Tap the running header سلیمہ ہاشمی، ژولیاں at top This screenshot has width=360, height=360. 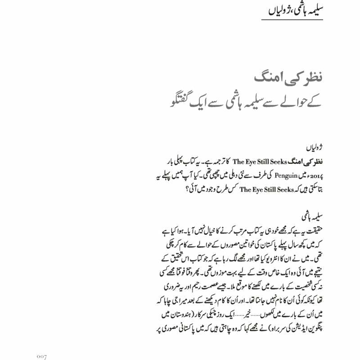pyautogui.click(x=299, y=10)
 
